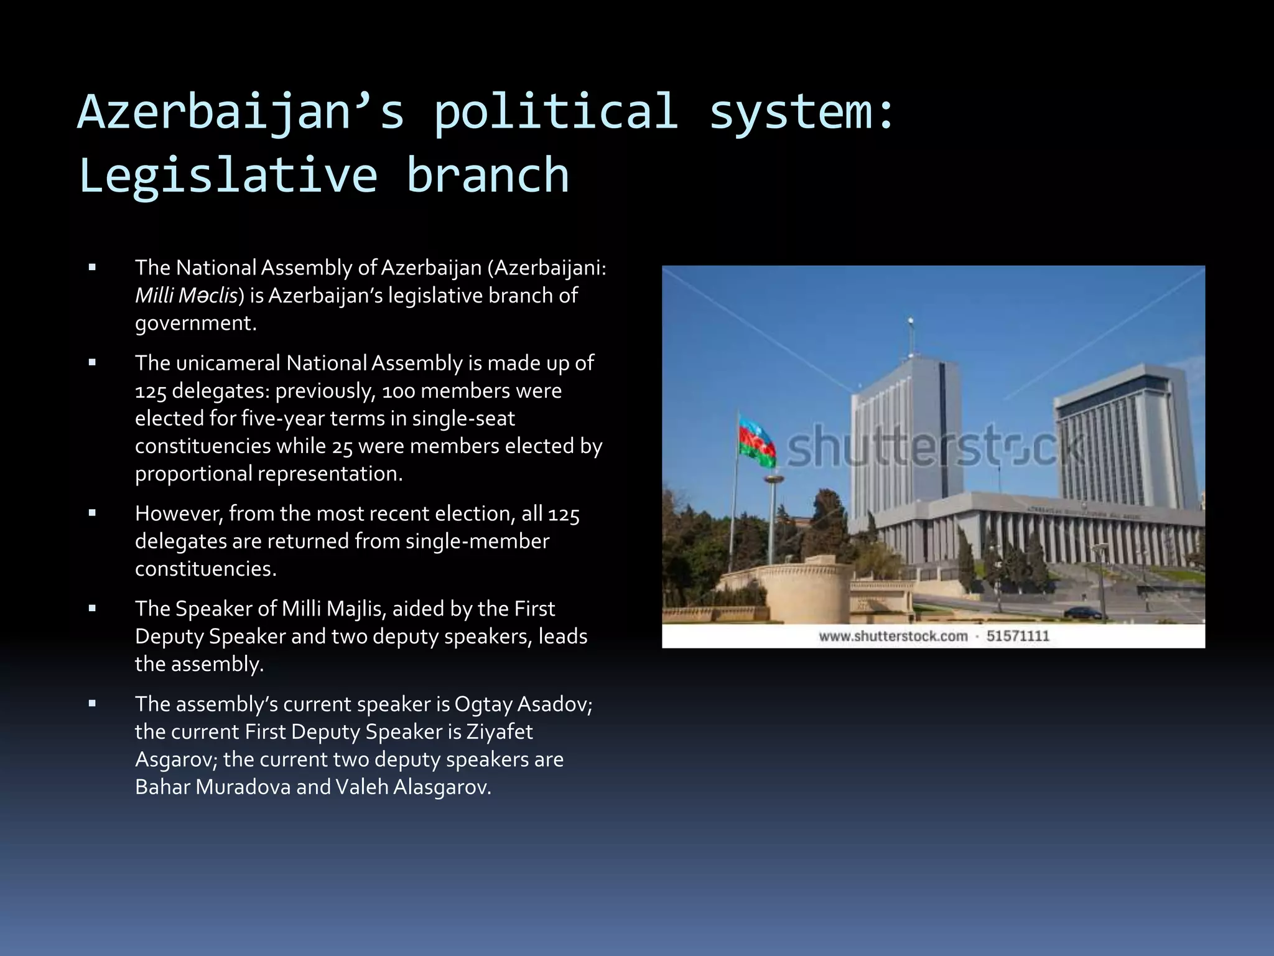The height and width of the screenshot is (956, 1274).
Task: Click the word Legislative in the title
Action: click(x=228, y=176)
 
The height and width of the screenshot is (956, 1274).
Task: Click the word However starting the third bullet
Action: click(x=178, y=513)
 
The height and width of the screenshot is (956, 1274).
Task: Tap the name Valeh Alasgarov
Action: click(x=412, y=787)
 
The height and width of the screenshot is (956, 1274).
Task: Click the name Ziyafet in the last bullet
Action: click(x=500, y=732)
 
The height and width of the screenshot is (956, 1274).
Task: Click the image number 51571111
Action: click(x=1018, y=636)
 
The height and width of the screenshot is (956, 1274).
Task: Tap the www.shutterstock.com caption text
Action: click(x=893, y=636)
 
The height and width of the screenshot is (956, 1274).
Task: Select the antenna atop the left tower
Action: click(x=911, y=336)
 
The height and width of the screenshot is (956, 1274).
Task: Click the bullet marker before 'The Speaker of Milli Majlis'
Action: click(x=92, y=609)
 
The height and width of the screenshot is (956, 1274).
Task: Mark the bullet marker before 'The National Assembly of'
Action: click(x=92, y=268)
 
